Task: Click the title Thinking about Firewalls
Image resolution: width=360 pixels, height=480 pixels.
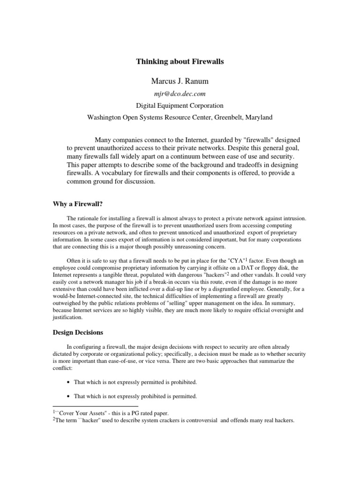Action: pos(180,61)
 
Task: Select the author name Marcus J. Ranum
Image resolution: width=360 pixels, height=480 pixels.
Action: pos(180,81)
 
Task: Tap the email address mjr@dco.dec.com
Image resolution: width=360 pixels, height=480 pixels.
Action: pos(180,94)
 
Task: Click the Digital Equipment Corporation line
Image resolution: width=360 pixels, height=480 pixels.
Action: pos(180,105)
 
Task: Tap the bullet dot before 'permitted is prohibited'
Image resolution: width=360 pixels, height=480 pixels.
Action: pos(69,382)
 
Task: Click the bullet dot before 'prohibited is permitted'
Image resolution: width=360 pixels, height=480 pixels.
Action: pos(69,397)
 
